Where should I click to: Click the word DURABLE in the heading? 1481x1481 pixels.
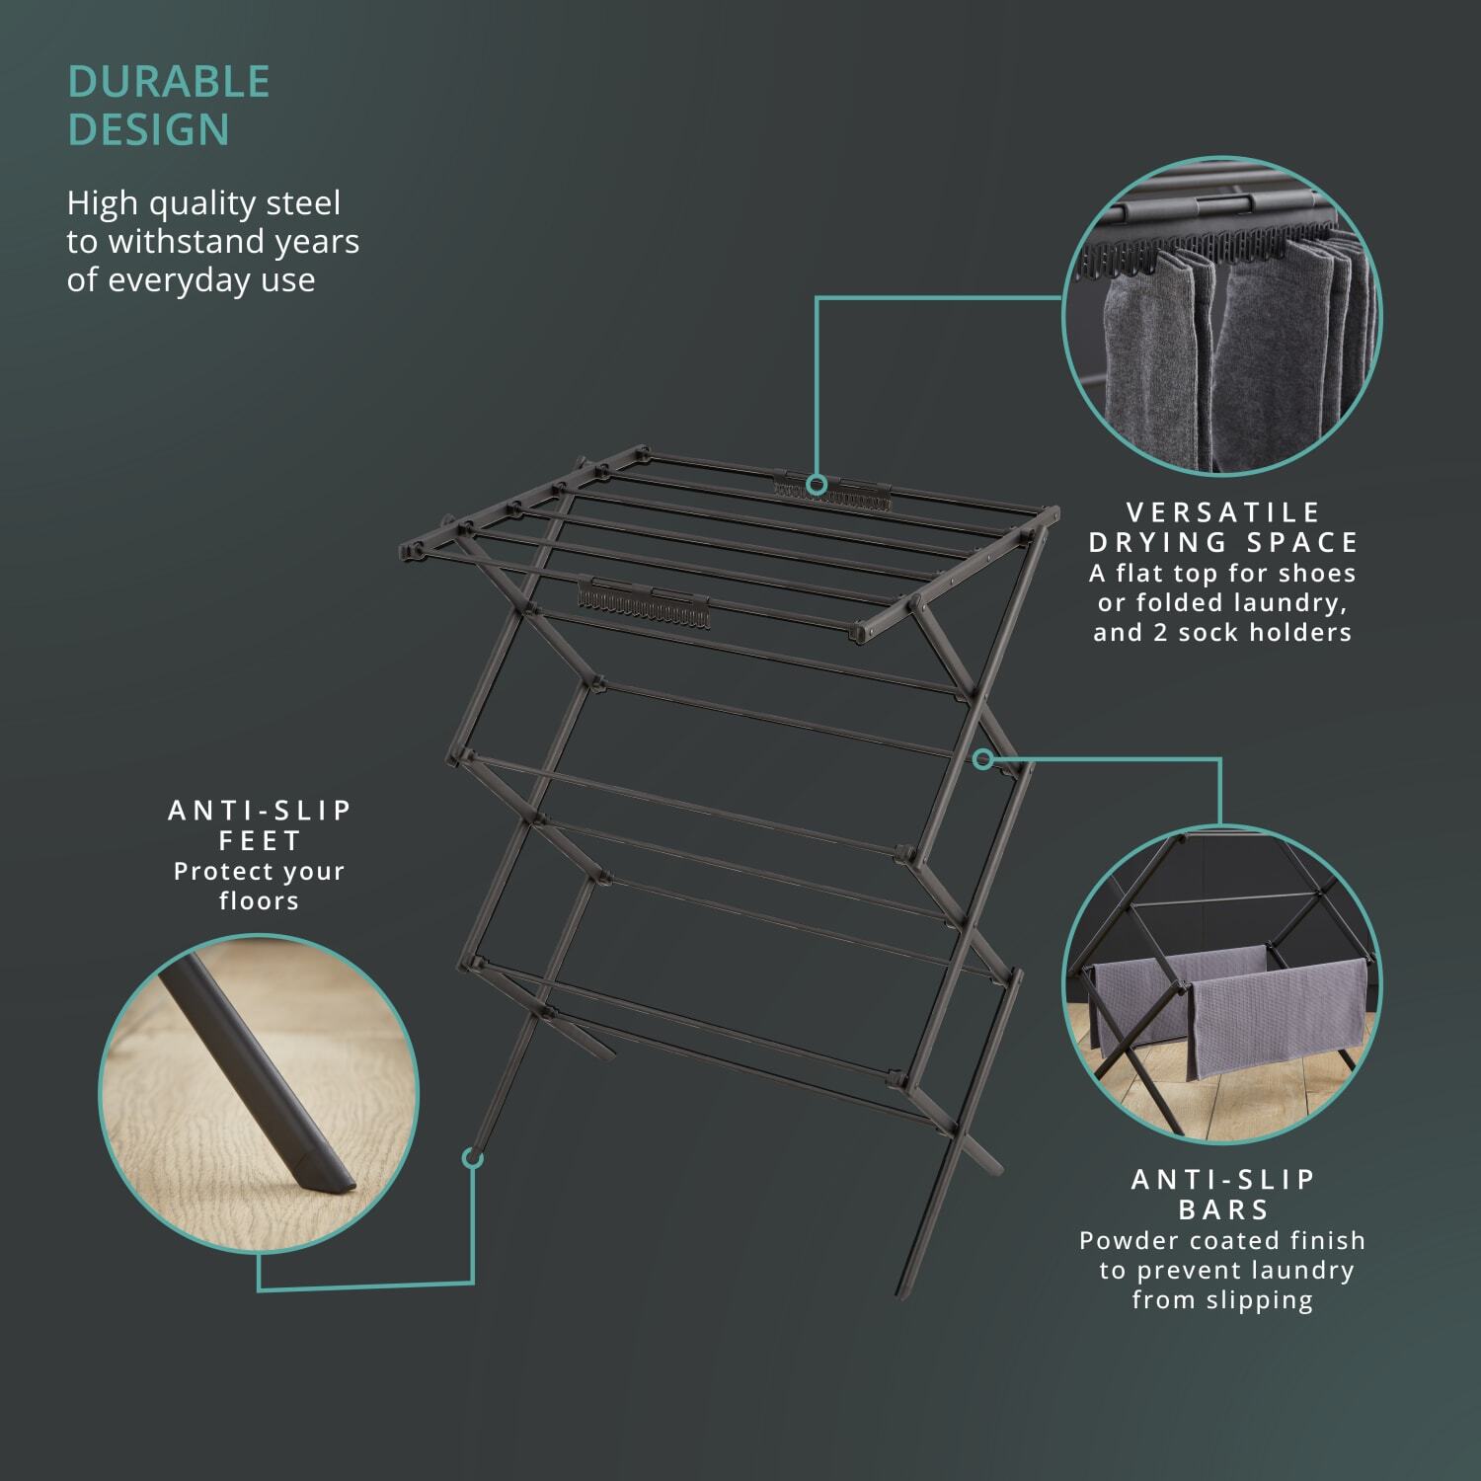point(169,82)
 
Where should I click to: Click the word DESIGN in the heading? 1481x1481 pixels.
point(148,130)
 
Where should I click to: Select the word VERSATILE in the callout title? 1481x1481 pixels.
point(1224,512)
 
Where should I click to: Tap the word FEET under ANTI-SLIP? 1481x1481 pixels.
point(260,841)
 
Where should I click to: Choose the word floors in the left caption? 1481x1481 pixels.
point(260,900)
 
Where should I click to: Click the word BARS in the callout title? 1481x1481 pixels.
point(1224,1209)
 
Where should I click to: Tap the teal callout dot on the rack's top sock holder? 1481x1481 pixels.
point(817,484)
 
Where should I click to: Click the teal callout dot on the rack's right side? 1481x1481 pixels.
point(982,759)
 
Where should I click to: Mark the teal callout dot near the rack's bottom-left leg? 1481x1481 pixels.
point(473,1157)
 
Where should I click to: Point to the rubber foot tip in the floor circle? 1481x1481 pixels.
point(323,1171)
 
